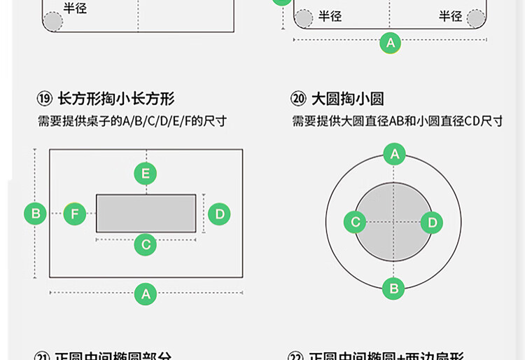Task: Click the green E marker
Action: [x=146, y=174]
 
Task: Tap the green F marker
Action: [x=75, y=214]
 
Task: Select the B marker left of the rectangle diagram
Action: [x=36, y=213]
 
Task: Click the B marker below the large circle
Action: [x=393, y=288]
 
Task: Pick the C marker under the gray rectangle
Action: [x=146, y=244]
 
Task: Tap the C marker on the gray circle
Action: [x=355, y=223]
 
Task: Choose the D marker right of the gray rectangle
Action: [x=219, y=214]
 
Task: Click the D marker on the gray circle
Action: [x=432, y=223]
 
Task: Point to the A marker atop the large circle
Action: [x=394, y=154]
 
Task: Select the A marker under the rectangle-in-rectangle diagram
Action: [x=146, y=293]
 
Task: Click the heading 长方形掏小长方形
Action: [x=116, y=99]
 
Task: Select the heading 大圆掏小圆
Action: [x=348, y=99]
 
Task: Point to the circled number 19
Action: [x=45, y=99]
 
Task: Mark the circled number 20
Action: [x=299, y=99]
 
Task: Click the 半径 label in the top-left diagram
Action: [x=76, y=9]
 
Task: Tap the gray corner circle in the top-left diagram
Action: [x=52, y=21]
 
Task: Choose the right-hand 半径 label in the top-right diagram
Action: [x=451, y=16]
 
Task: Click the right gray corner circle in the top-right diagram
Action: [x=476, y=18]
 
